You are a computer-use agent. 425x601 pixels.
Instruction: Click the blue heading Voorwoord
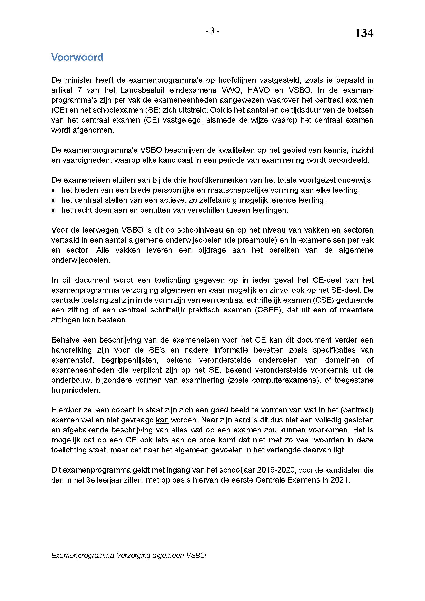(77, 57)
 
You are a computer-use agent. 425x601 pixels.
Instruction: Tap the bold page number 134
(364, 33)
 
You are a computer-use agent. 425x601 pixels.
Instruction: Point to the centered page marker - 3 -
(212, 31)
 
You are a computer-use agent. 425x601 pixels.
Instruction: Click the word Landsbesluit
(143, 90)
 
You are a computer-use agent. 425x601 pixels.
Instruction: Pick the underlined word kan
(162, 420)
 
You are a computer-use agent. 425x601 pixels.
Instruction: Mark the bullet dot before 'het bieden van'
(53, 190)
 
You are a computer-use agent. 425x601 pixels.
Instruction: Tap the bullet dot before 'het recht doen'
(53, 210)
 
